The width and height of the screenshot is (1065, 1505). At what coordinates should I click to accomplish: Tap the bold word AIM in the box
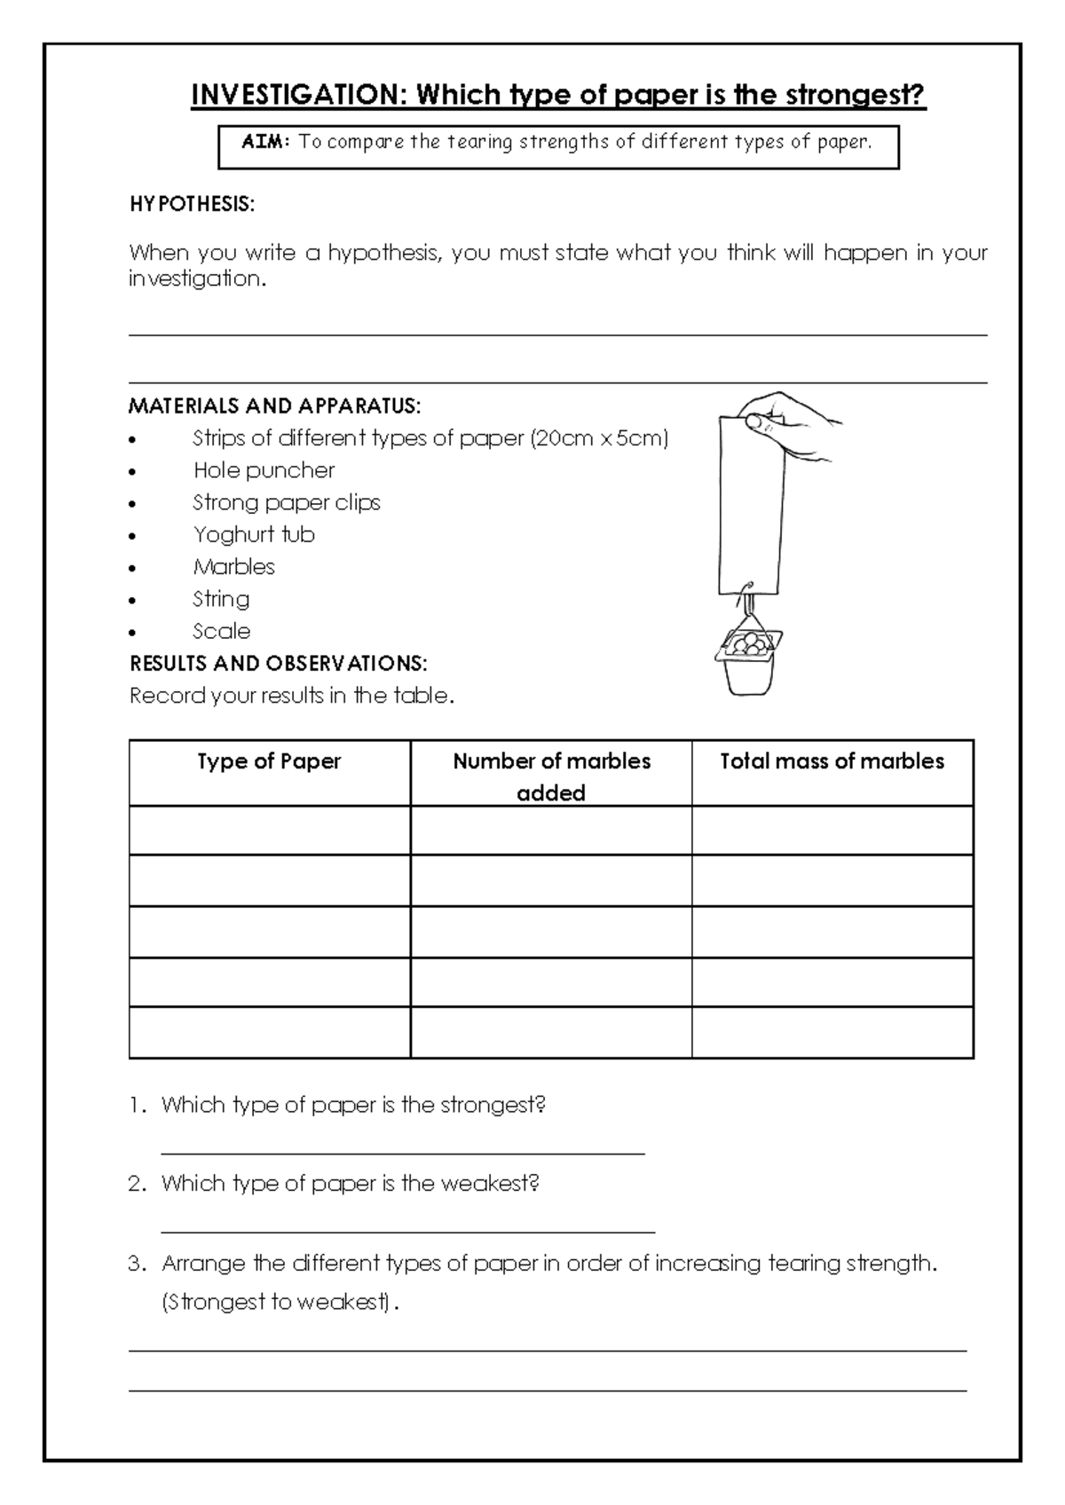pyautogui.click(x=265, y=142)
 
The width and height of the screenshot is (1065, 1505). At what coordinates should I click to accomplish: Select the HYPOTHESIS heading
pyautogui.click(x=192, y=204)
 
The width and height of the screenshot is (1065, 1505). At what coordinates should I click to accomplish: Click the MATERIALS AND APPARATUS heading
pyautogui.click(x=274, y=406)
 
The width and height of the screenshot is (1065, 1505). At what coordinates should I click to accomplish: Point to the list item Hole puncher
pyautogui.click(x=264, y=470)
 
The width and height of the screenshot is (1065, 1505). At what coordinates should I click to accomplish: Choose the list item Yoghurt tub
pyautogui.click(x=254, y=534)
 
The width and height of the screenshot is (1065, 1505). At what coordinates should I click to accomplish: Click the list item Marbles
pyautogui.click(x=234, y=566)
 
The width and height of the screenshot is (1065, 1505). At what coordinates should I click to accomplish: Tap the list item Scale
pyautogui.click(x=222, y=631)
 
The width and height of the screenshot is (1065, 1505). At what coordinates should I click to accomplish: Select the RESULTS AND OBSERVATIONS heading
pyautogui.click(x=279, y=663)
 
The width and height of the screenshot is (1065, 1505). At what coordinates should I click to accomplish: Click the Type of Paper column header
pyautogui.click(x=269, y=761)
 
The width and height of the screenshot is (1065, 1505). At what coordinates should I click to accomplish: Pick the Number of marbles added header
pyautogui.click(x=551, y=776)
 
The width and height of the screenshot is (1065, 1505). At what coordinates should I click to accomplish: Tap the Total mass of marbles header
pyautogui.click(x=832, y=761)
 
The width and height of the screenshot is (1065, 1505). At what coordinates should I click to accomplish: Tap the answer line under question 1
pyautogui.click(x=402, y=1153)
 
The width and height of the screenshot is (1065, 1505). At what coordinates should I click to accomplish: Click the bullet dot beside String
pyautogui.click(x=133, y=601)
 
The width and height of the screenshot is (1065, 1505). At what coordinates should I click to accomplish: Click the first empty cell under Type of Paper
pyautogui.click(x=269, y=831)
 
